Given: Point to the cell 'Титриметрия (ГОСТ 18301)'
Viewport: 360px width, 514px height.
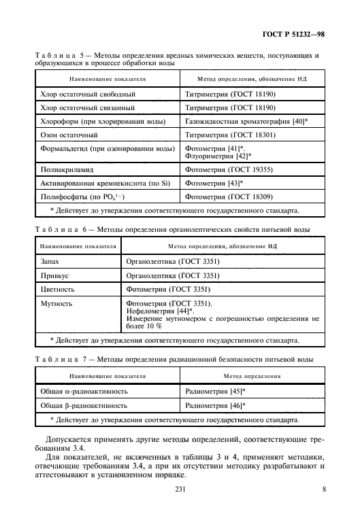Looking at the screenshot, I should point(230,135).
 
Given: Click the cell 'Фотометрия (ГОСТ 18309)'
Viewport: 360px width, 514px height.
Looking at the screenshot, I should point(229,196).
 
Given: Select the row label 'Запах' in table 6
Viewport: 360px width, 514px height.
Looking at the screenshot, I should point(52,261).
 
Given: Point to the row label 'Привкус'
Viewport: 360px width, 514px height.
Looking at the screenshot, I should point(56,275).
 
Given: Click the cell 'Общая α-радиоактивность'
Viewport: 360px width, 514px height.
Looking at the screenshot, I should point(85,392).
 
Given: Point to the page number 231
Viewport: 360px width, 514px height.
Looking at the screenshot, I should point(180,490).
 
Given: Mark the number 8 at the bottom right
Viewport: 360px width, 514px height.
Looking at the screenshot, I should point(324,490).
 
